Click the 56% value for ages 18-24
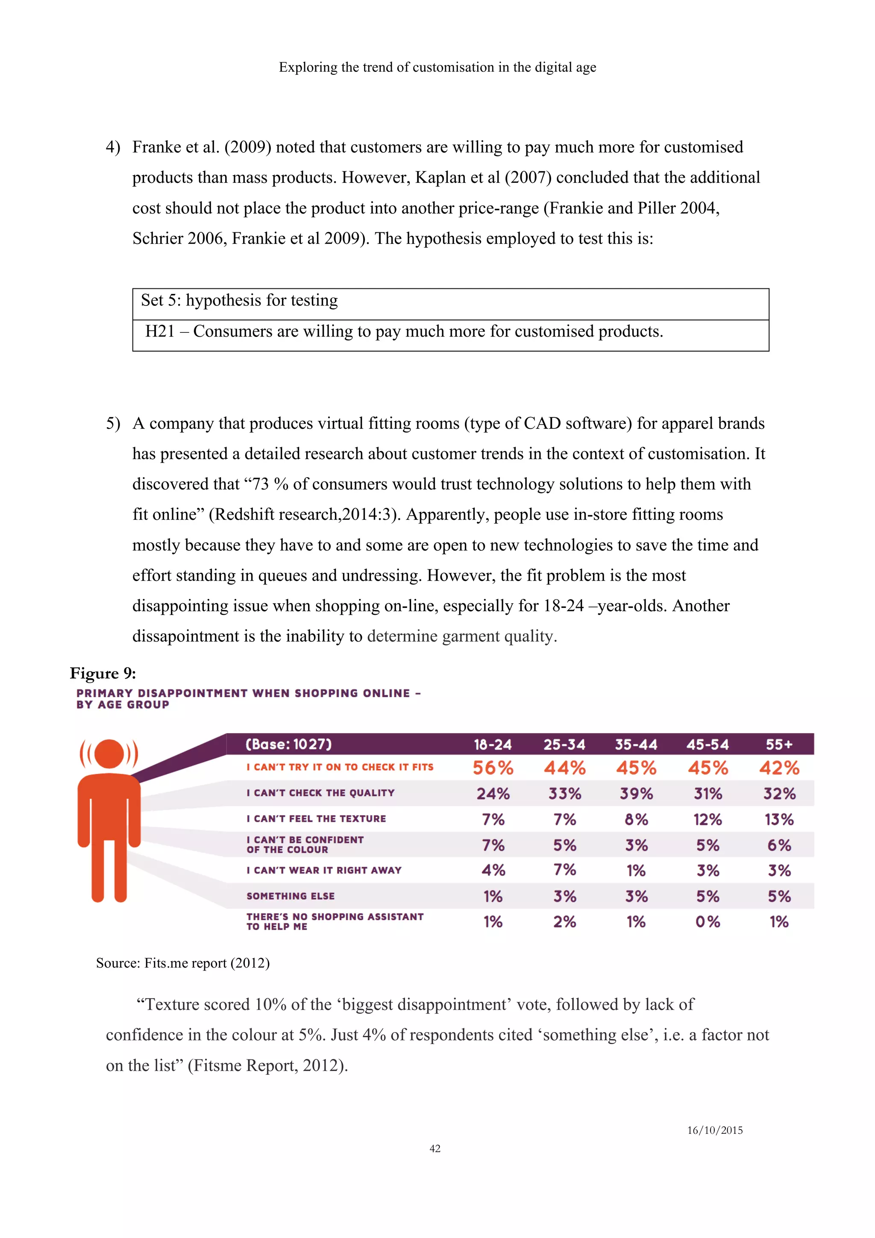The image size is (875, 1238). point(493,768)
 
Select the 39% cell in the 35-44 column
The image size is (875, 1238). point(636,794)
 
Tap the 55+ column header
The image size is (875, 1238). point(779,745)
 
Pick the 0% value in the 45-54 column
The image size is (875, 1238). point(708,921)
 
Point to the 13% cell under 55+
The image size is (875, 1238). point(779,820)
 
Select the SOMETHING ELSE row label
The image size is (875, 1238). point(291,896)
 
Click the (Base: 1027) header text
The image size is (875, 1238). point(288,745)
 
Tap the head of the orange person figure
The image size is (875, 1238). point(109,753)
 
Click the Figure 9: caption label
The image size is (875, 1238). point(103,673)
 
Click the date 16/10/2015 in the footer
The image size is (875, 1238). point(714,1130)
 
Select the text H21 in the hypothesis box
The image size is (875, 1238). point(160,331)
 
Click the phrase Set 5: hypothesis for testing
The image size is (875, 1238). point(239,300)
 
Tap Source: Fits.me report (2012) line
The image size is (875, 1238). point(182,963)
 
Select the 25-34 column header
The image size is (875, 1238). point(564,745)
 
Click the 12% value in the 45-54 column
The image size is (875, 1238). point(708,820)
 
